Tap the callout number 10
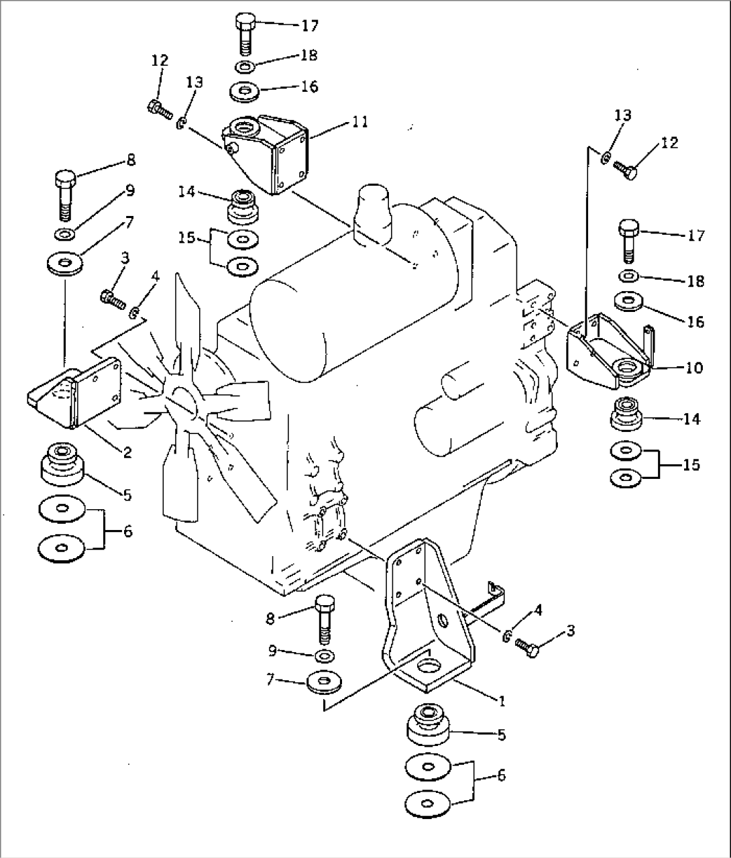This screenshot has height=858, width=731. pos(693,368)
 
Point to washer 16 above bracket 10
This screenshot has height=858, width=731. pos(628,302)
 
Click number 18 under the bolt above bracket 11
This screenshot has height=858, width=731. pos(308,55)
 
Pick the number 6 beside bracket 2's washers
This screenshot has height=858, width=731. pos(127,532)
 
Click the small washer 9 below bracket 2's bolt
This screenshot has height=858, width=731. pos(65,233)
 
